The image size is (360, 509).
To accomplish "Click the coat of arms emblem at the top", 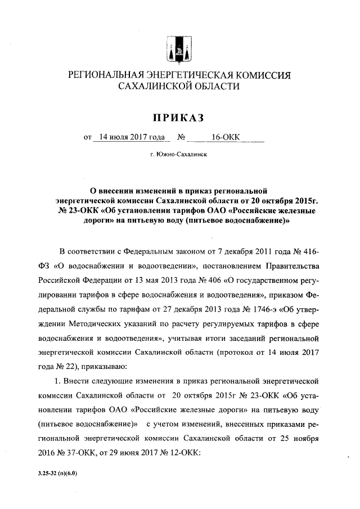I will pyautogui.click(x=179, y=46).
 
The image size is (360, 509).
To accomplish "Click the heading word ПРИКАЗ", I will pyautogui.click(x=179, y=118).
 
